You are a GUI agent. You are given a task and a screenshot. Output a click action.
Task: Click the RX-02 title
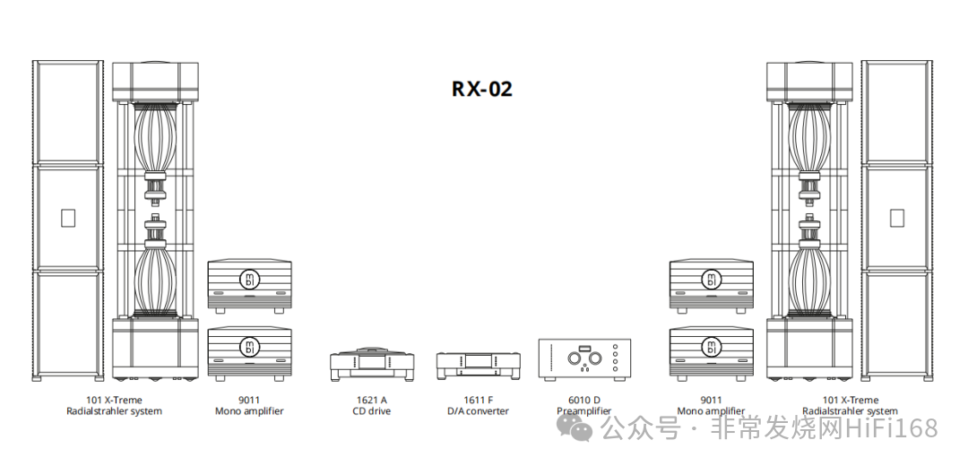(482, 89)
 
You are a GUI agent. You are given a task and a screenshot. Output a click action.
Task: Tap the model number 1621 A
(371, 400)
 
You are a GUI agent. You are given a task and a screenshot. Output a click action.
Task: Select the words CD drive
(371, 411)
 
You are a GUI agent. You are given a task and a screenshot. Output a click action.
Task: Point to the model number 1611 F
(478, 400)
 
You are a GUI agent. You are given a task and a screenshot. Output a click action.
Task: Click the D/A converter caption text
(478, 411)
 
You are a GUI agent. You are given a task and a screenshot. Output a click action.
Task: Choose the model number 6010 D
(584, 400)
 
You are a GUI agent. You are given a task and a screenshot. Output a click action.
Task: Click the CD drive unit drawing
(371, 366)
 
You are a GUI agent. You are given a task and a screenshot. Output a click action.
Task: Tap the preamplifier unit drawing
(584, 361)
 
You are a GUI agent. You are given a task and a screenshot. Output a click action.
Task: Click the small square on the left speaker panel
(67, 218)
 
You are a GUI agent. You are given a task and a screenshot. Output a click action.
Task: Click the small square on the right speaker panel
(895, 218)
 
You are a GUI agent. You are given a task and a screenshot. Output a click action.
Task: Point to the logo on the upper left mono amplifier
(249, 280)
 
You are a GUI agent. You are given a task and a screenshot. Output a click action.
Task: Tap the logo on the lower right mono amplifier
(712, 347)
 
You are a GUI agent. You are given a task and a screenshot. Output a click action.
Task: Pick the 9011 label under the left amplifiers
(249, 400)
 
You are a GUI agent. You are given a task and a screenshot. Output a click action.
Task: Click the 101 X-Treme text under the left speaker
(114, 400)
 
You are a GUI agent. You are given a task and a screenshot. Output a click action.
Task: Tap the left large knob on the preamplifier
(574, 360)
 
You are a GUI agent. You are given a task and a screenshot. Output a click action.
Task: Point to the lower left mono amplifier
(249, 352)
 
